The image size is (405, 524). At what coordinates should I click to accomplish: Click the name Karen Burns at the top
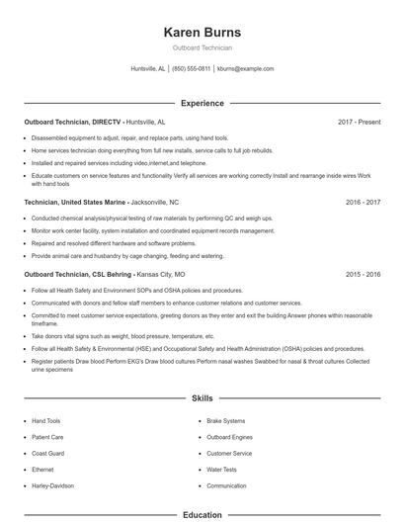click(x=202, y=32)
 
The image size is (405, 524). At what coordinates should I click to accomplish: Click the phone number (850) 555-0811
click(x=191, y=69)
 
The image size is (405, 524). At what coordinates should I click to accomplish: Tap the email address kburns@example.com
click(x=246, y=69)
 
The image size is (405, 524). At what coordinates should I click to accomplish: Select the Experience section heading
click(x=202, y=103)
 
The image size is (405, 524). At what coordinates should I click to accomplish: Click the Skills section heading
click(x=202, y=398)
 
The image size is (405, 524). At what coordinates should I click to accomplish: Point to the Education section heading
click(x=202, y=515)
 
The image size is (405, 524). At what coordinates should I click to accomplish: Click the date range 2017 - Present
click(x=359, y=122)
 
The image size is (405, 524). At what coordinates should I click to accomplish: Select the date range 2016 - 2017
click(x=363, y=202)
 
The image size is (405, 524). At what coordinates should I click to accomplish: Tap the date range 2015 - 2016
click(x=363, y=274)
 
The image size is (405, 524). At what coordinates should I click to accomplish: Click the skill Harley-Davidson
click(x=53, y=486)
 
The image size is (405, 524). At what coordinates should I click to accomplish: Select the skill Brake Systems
click(x=226, y=420)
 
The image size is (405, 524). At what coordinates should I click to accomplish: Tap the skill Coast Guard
click(x=47, y=453)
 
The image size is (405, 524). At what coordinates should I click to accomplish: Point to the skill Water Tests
click(x=221, y=470)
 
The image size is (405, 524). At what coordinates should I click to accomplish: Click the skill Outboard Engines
click(x=229, y=436)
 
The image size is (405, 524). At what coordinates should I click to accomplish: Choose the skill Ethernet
click(x=42, y=470)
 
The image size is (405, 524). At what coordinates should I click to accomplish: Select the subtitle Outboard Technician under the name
click(x=202, y=47)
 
